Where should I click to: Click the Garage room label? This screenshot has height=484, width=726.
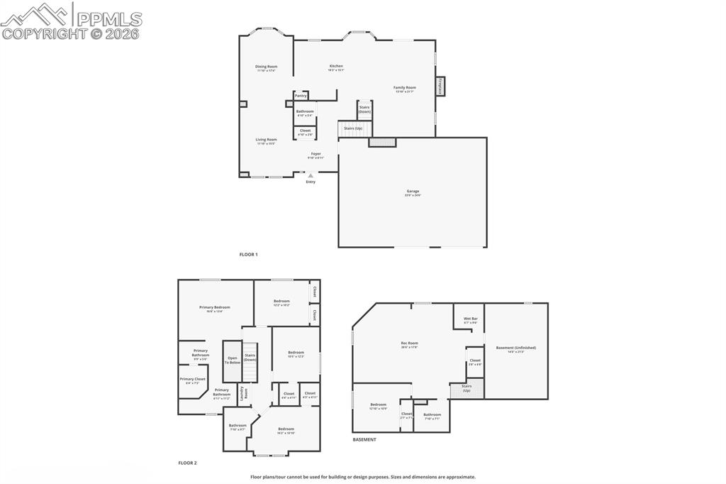(413, 192)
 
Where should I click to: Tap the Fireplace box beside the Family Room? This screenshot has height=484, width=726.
(440, 87)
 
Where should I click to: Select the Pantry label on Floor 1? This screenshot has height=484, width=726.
(301, 95)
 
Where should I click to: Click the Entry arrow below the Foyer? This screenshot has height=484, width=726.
(311, 175)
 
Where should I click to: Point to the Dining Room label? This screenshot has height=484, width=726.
(267, 67)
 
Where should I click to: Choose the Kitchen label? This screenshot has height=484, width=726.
(336, 66)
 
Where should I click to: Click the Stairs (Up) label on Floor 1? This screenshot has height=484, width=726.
(353, 128)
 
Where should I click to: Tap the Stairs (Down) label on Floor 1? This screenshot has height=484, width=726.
(364, 110)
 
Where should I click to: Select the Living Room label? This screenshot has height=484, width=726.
(267, 140)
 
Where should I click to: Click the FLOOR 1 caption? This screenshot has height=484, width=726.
(248, 254)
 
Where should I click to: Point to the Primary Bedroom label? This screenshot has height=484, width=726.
(214, 307)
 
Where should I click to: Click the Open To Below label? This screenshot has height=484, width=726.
(233, 360)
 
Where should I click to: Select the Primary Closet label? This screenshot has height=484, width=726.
(192, 379)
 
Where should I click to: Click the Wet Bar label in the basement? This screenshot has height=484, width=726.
(470, 319)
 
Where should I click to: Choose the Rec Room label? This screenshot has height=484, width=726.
(409, 343)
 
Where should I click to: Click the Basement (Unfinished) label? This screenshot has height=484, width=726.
(515, 348)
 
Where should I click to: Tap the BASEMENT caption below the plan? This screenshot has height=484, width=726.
(364, 440)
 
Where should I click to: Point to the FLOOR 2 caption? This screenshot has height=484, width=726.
(187, 463)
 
